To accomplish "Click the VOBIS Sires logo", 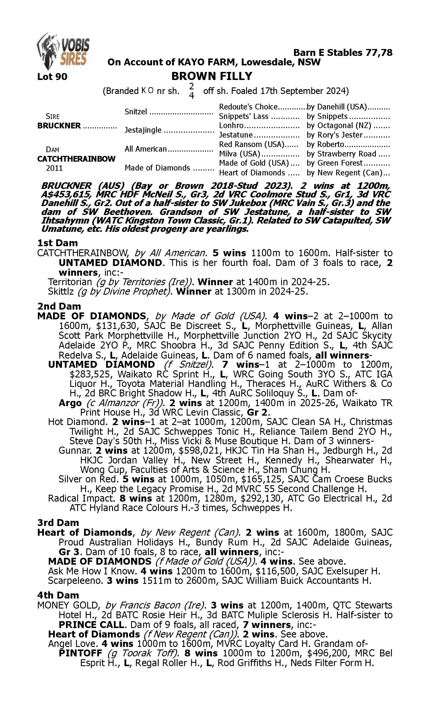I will point(63,51).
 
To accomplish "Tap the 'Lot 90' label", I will point(52,77).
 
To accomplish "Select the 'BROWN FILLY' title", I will point(212,76).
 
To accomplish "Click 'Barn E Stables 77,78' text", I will point(343,53).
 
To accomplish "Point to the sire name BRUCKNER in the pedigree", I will point(59,126).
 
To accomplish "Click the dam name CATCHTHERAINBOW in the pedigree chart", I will point(76,159).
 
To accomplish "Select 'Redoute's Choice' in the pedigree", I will point(248,107).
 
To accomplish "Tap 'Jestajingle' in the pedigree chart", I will point(143,130).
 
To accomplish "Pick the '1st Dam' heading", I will point(57,243).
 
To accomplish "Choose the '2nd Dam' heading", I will point(59,306).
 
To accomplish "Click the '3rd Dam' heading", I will point(58,523).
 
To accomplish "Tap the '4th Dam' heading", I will point(58,595).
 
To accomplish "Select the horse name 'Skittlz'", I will point(61,292).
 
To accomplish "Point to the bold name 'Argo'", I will point(70,403).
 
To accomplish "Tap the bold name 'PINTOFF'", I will point(80,653).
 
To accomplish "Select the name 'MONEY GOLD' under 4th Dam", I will point(69,605).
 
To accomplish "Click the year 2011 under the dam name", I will point(54,168).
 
